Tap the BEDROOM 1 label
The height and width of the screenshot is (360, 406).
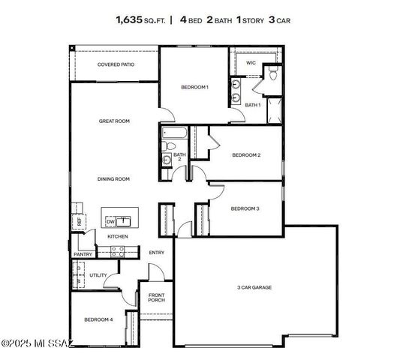194,87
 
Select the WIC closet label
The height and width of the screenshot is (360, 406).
251,63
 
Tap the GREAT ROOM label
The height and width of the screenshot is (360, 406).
115,121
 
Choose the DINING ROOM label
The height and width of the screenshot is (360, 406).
113,178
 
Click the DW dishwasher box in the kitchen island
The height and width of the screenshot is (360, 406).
110,221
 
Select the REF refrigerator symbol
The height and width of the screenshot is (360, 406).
78,221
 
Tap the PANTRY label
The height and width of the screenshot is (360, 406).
83,254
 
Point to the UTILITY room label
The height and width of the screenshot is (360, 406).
98,275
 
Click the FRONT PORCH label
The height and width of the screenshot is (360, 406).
156,297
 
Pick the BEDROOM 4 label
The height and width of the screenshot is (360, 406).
98,319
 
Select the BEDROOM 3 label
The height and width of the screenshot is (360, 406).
245,208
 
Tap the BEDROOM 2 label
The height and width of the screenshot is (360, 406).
245,155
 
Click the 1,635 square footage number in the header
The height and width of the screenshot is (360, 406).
129,20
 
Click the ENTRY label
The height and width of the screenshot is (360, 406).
156,253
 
